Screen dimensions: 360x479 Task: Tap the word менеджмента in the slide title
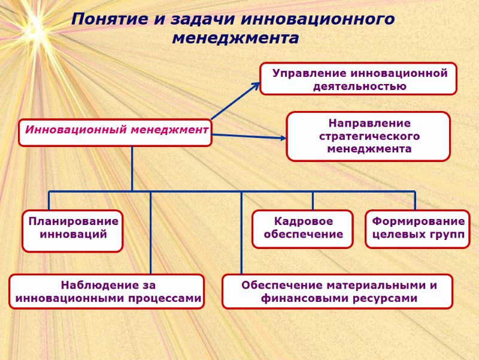pos(235,38)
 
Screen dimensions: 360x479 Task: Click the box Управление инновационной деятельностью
pos(358,79)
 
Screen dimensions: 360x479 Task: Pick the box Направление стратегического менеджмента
pos(368,136)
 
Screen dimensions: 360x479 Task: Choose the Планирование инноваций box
pos(72,230)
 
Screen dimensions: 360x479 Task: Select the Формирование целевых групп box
pos(417,229)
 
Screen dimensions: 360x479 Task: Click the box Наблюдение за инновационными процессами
pos(107,292)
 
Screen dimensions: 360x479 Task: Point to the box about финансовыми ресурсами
pos(337,292)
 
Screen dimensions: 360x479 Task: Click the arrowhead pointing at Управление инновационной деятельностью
pos(256,85)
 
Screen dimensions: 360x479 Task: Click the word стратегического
pos(369,136)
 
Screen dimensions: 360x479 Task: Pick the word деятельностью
pos(359,86)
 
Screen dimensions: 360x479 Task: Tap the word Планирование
pos(73,221)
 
